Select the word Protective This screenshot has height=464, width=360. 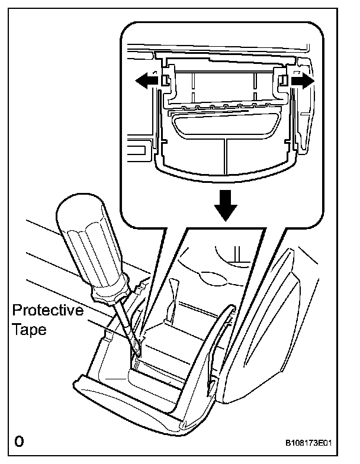coord(48,311)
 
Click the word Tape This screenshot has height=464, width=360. coord(28,330)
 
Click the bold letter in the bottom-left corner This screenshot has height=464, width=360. coord(20,442)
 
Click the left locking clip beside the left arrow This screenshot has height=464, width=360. coord(166,82)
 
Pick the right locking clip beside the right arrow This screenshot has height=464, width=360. coord(281,81)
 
